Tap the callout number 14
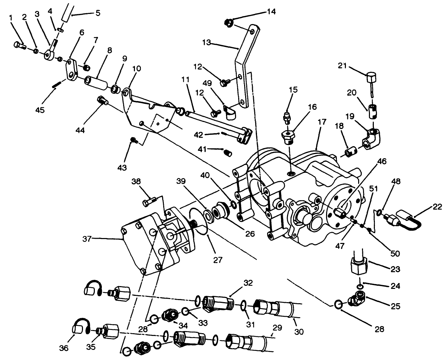pyautogui.click(x=271, y=12)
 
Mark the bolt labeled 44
pyautogui.click(x=102, y=100)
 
